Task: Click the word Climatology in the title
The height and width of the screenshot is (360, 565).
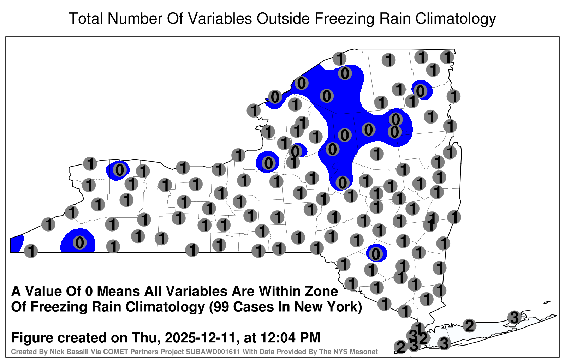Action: click(x=456, y=19)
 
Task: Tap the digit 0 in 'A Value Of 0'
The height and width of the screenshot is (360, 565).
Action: click(x=89, y=292)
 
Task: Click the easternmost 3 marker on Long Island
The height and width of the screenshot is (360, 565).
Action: click(x=514, y=317)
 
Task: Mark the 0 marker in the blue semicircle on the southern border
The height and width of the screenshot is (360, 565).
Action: click(x=80, y=243)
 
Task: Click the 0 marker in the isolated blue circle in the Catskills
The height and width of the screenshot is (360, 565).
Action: click(x=376, y=254)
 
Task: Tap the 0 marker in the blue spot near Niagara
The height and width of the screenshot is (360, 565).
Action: click(x=120, y=170)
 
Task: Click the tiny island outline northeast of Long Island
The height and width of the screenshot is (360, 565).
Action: click(x=547, y=302)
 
